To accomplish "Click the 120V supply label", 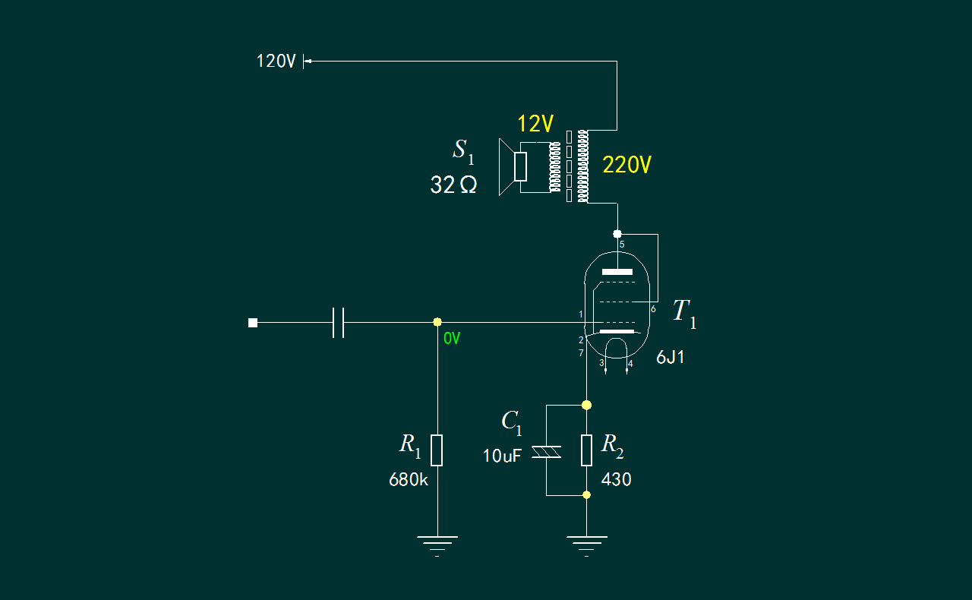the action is pyautogui.click(x=276, y=62).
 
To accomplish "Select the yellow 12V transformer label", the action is pyautogui.click(x=535, y=124).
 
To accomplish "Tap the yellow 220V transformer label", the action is pyautogui.click(x=626, y=165).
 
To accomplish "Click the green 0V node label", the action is pyautogui.click(x=452, y=338).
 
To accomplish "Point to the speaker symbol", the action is pyautogui.click(x=513, y=167).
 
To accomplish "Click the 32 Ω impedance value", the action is pyautogui.click(x=453, y=185).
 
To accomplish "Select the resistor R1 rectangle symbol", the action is pyautogui.click(x=437, y=450).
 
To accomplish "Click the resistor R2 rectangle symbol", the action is pyautogui.click(x=586, y=450).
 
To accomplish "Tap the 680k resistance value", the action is pyautogui.click(x=409, y=480).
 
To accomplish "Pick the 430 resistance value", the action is pyautogui.click(x=616, y=480).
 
